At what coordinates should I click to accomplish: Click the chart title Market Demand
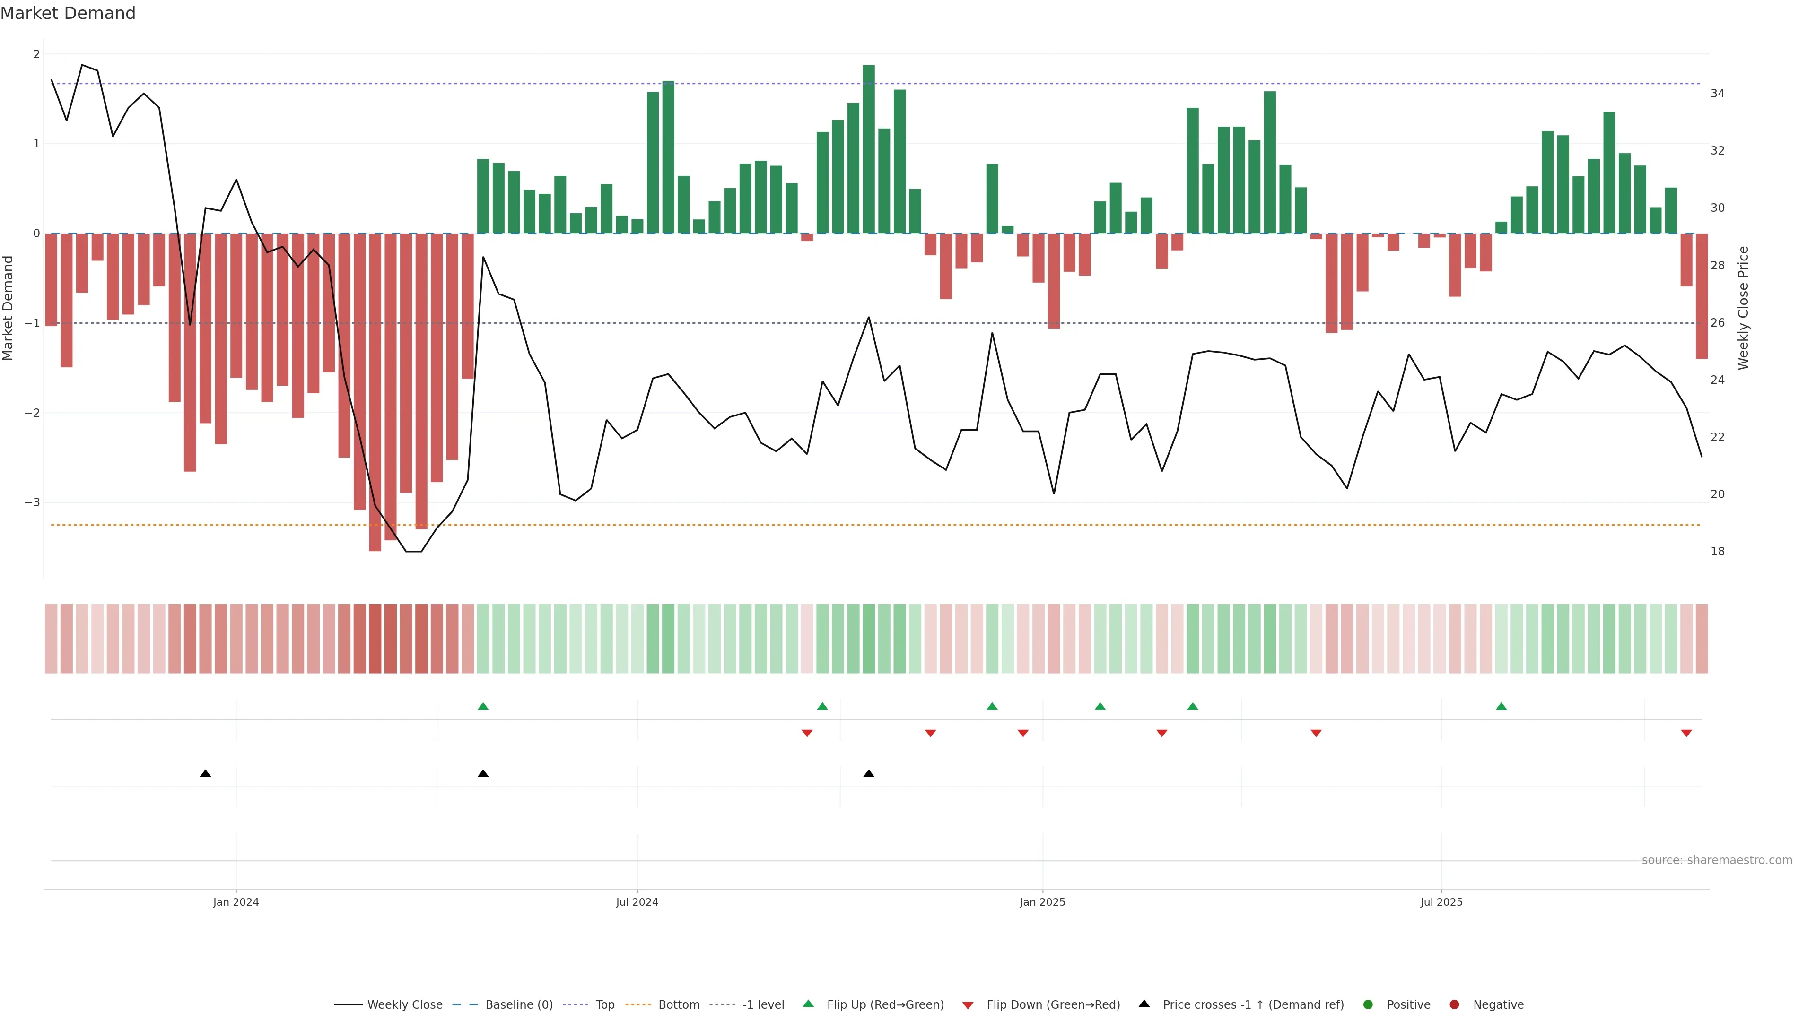pyautogui.click(x=68, y=13)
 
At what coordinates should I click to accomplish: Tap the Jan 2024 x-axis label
pyautogui.click(x=236, y=902)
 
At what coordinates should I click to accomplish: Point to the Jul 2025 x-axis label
pyautogui.click(x=1441, y=902)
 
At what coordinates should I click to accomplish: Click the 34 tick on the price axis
pyautogui.click(x=1717, y=94)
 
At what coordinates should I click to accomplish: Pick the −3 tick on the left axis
pyautogui.click(x=32, y=502)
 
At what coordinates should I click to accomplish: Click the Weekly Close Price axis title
pyautogui.click(x=1743, y=308)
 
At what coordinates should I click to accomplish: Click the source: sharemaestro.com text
pyautogui.click(x=1717, y=860)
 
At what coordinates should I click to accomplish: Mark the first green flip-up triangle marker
pyautogui.click(x=483, y=706)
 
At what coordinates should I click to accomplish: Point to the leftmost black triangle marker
pyautogui.click(x=205, y=774)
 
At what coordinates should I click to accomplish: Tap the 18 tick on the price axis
pyautogui.click(x=1717, y=552)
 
